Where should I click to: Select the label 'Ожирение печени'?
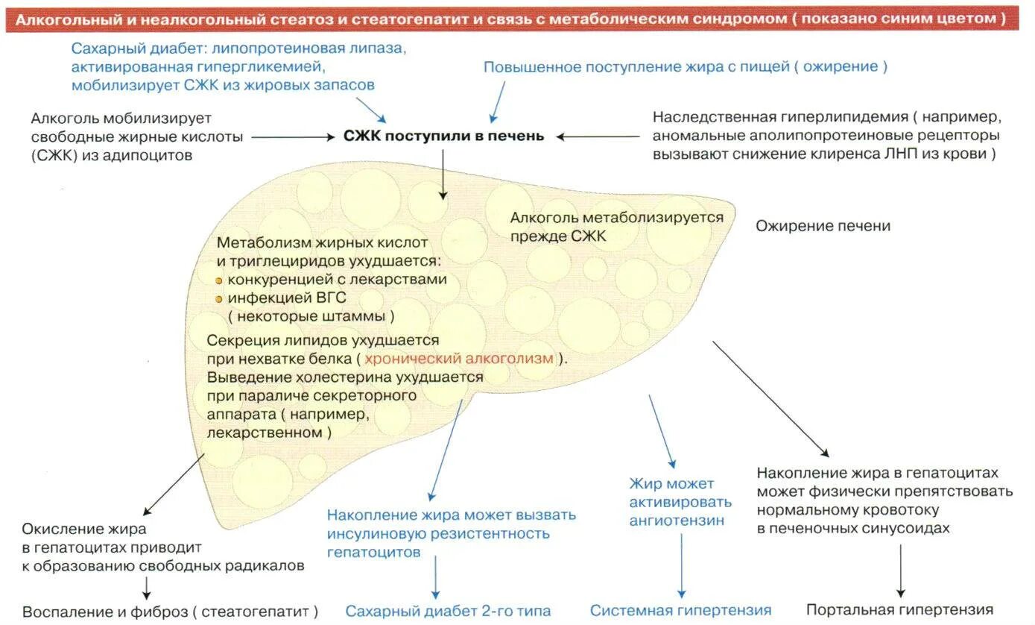coord(823,226)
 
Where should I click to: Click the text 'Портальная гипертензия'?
coord(899,609)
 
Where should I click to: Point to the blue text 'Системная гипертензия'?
coord(680,610)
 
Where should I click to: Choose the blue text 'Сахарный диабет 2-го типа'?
coord(448,611)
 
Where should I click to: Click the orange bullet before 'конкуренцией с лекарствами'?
coord(219,281)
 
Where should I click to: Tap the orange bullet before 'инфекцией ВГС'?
coord(219,299)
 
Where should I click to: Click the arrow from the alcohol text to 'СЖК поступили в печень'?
coord(292,137)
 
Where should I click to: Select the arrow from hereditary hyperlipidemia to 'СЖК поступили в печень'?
coord(598,136)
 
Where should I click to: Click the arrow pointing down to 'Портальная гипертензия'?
coord(900,571)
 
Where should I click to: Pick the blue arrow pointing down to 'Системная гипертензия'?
coord(681,563)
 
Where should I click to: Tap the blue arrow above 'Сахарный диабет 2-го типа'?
coord(436,578)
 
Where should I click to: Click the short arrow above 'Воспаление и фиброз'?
coord(146,588)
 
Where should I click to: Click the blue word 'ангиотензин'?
coord(676,521)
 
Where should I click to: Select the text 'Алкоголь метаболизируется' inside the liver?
coord(616,218)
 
